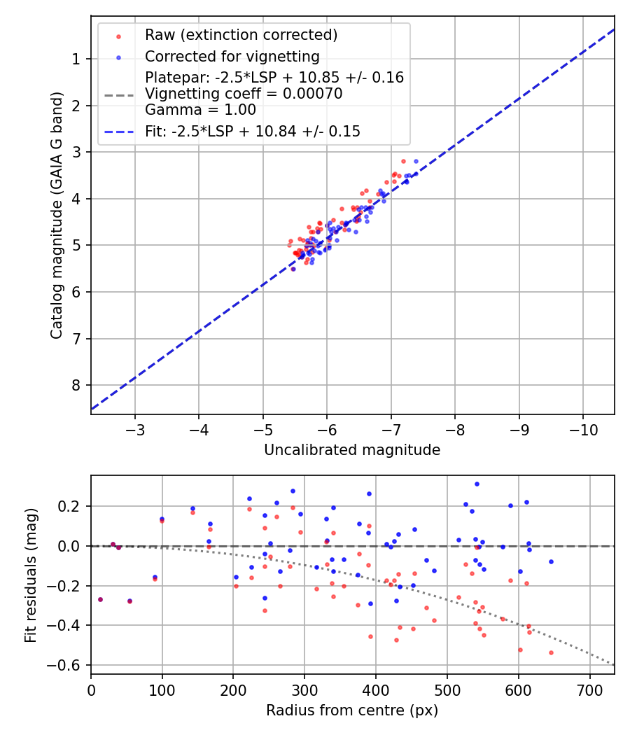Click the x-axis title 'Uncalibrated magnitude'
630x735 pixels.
352,450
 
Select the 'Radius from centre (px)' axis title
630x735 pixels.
352,710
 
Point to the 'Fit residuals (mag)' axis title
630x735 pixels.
31,575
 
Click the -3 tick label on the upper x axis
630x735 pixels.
135,428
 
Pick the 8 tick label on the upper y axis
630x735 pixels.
76,385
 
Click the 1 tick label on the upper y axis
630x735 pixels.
76,59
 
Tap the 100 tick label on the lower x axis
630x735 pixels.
162,689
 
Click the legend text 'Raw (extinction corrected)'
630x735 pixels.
241,35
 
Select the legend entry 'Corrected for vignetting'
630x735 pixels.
232,57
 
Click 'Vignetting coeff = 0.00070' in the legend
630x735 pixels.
244,94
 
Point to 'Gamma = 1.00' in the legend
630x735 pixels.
200,110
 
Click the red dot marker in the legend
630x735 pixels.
119,36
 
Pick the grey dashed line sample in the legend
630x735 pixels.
119,94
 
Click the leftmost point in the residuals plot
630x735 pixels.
100,599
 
